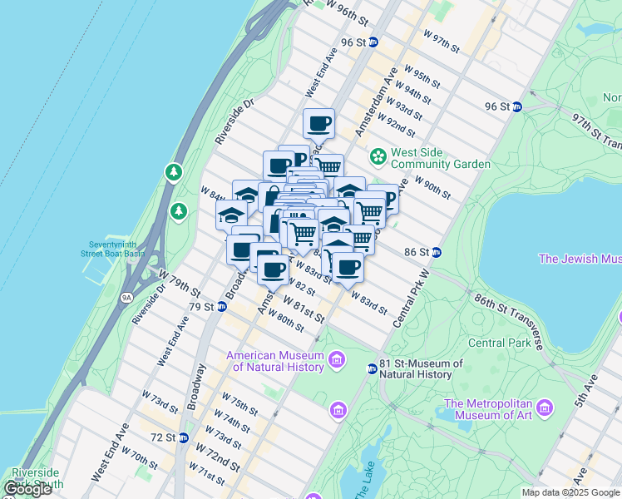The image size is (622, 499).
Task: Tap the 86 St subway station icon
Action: (437, 252)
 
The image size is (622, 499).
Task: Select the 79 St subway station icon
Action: (222, 306)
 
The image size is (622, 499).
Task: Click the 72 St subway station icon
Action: (183, 437)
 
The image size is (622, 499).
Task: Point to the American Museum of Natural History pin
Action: (337, 359)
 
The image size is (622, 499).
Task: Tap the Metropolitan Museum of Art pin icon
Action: (545, 408)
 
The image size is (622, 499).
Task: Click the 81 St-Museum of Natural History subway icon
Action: (373, 368)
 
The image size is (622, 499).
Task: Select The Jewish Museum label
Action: (580, 259)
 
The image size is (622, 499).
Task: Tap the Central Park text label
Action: (499, 343)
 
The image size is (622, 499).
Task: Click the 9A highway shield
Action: (126, 296)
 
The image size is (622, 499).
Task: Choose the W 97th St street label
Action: (442, 41)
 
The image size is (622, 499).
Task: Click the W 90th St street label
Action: (432, 189)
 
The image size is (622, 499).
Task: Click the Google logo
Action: (27, 489)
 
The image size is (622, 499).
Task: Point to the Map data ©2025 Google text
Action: (570, 492)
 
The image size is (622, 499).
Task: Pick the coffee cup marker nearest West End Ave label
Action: (318, 124)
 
